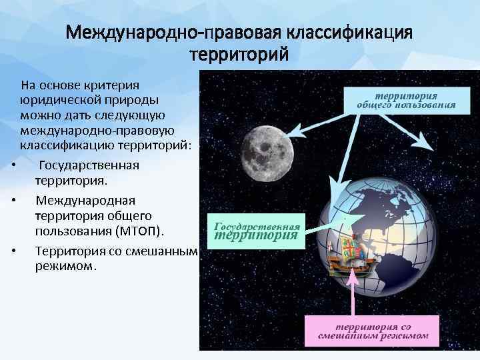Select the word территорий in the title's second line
point(239,54)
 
